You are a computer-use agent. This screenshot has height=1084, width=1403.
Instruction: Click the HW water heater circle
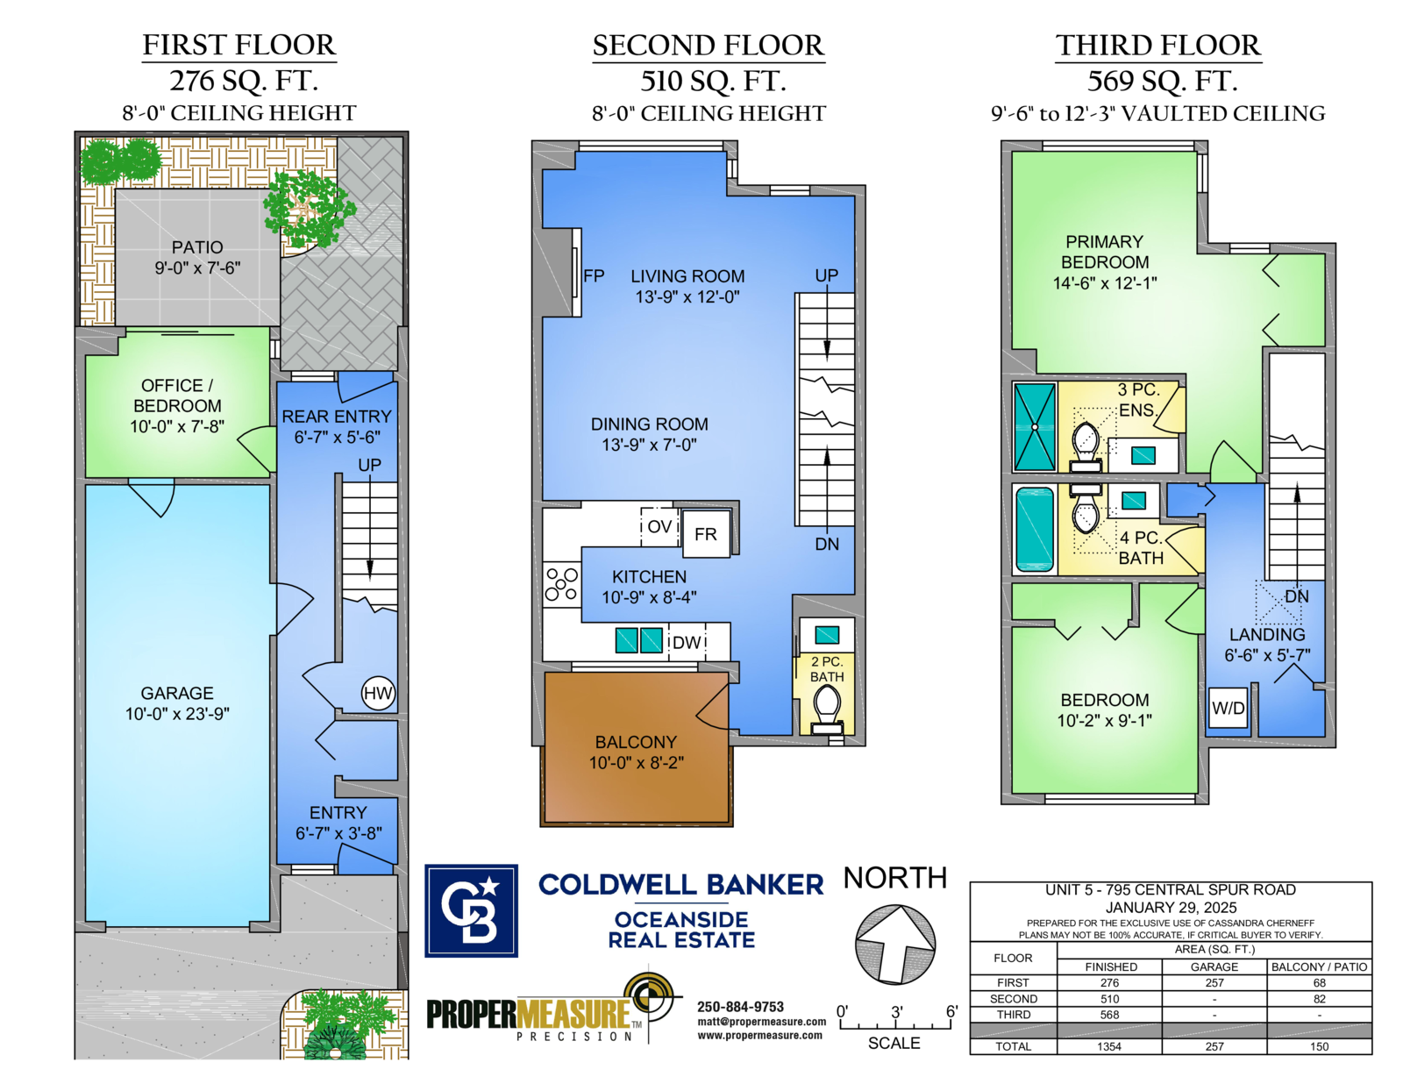click(378, 693)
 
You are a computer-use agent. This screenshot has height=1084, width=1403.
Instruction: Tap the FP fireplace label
click(594, 276)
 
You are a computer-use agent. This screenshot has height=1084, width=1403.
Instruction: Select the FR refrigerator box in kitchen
click(706, 533)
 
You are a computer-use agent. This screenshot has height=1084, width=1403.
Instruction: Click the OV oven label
click(659, 526)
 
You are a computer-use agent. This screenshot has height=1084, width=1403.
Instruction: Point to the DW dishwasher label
click(687, 643)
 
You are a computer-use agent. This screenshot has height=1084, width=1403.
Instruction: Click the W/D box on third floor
click(1228, 708)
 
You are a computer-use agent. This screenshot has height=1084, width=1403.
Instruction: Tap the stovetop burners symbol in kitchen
click(561, 584)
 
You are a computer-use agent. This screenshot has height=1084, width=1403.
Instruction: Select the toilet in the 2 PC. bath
click(827, 707)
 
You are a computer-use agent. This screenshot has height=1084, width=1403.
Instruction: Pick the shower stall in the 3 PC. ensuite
click(1035, 427)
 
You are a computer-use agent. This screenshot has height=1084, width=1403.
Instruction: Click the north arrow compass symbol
click(895, 945)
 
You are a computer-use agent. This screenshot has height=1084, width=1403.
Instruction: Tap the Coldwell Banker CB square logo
click(471, 910)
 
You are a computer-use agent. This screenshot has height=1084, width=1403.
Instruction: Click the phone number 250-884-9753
click(740, 1007)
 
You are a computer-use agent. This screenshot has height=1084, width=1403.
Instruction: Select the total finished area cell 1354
click(1109, 1046)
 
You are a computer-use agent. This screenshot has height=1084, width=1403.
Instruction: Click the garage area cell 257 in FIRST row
click(1214, 983)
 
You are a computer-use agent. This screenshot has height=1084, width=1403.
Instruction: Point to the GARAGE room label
click(177, 693)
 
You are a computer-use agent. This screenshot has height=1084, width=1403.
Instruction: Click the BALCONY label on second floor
click(636, 742)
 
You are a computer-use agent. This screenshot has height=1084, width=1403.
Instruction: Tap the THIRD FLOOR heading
click(1157, 46)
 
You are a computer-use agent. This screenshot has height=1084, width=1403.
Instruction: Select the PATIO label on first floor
click(197, 247)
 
